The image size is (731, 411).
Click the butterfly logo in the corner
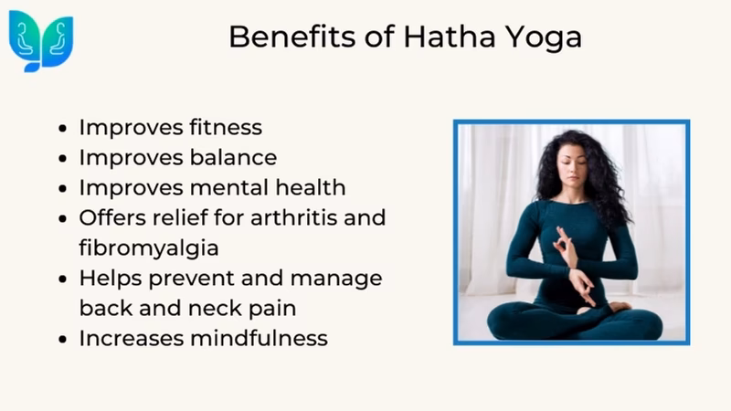40,41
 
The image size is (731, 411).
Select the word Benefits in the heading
285,37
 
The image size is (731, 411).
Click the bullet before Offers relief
61,219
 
